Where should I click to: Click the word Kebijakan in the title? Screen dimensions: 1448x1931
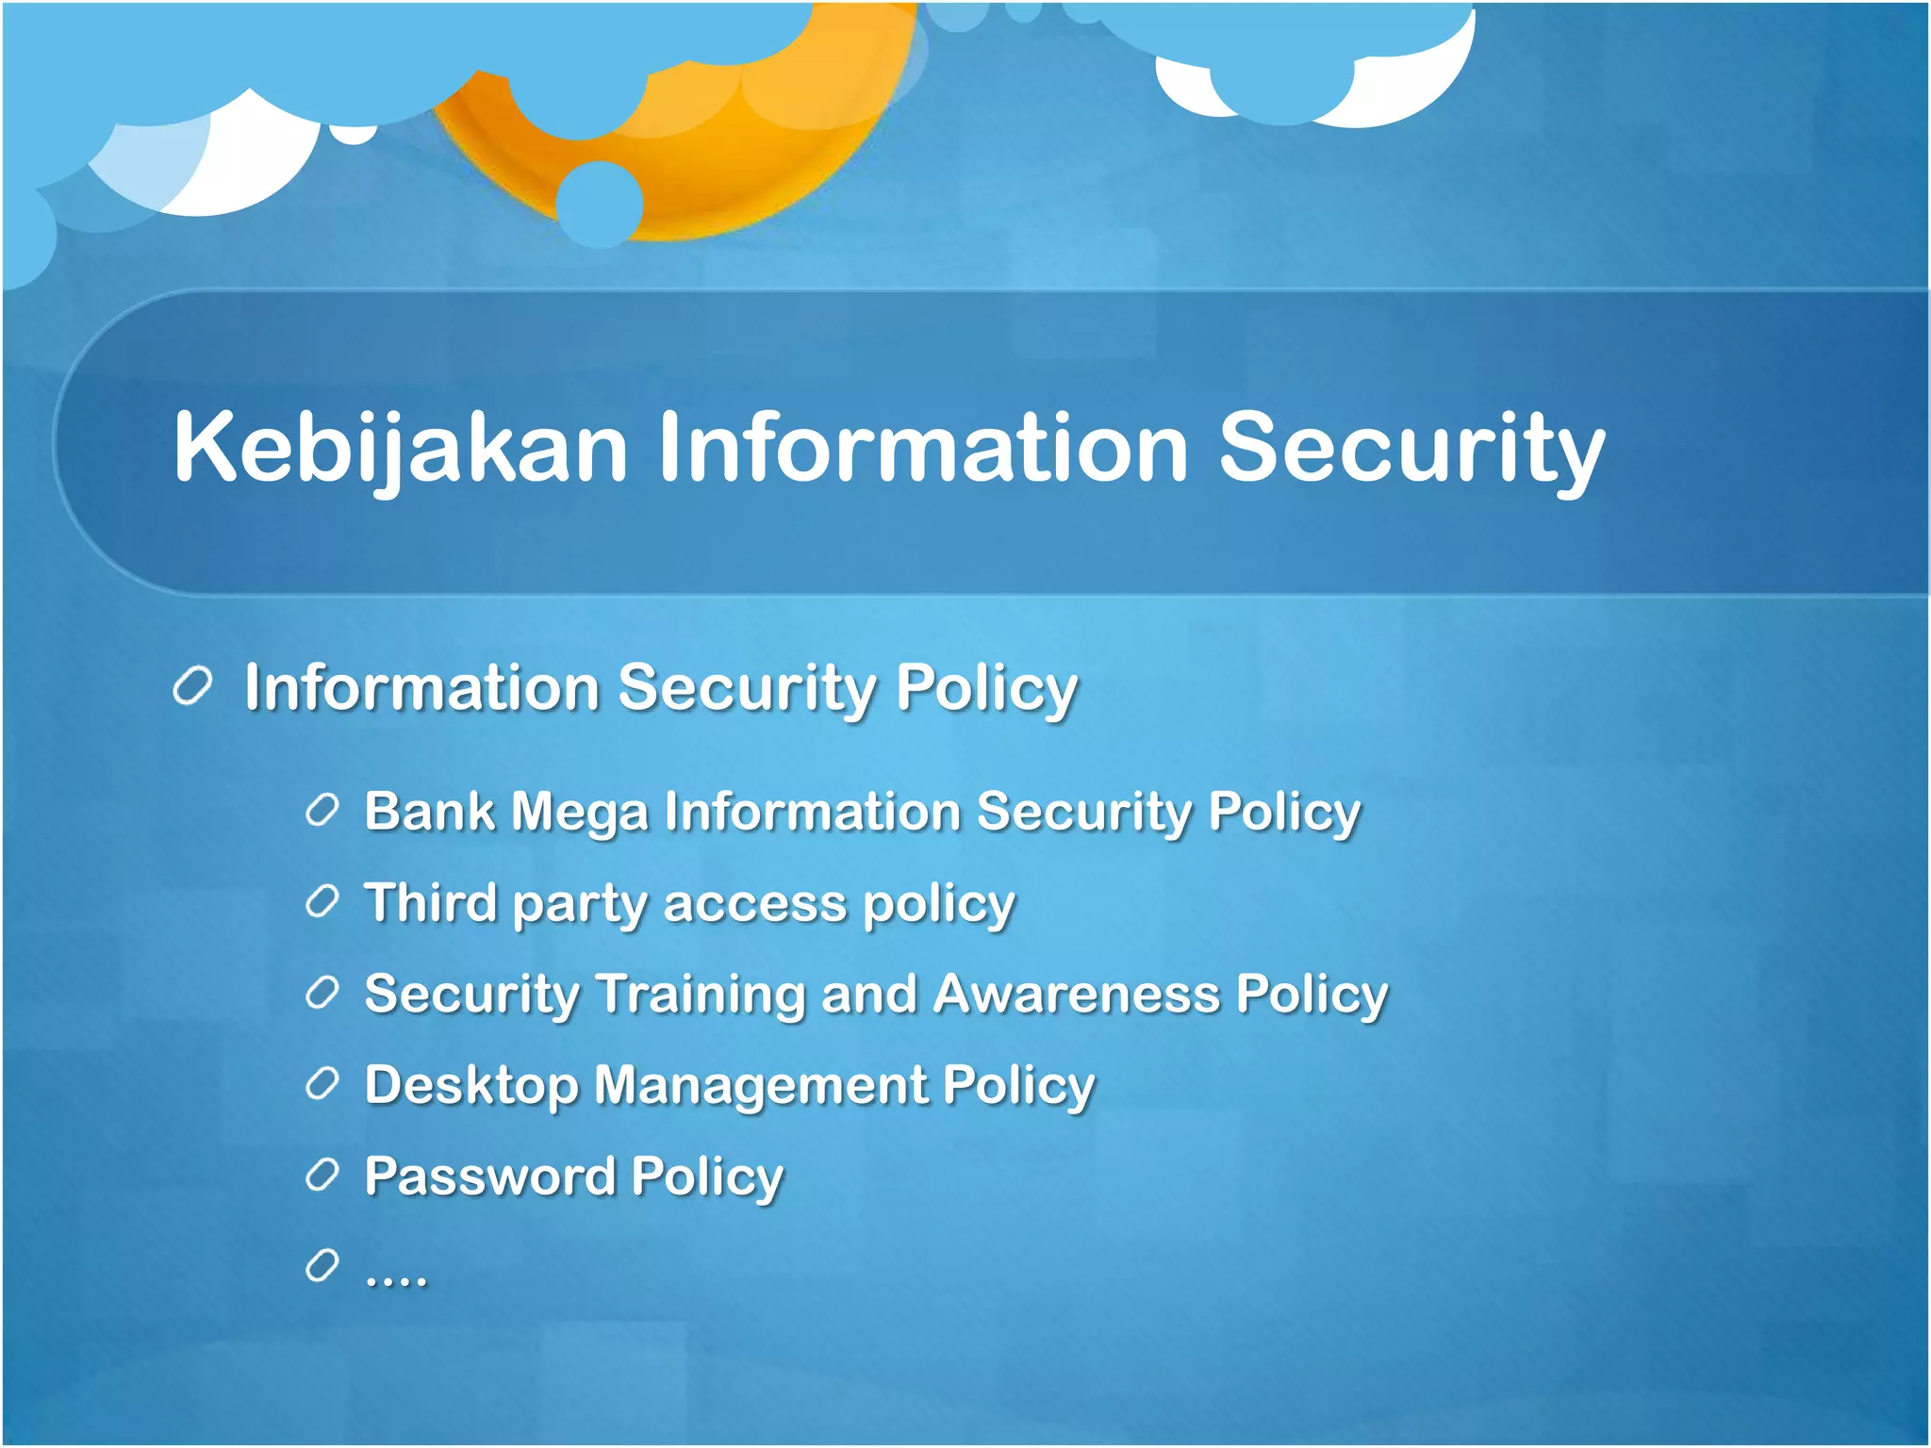click(x=400, y=448)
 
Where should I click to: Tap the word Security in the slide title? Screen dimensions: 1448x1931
click(x=1411, y=448)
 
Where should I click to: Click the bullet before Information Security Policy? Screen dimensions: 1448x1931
click(x=192, y=686)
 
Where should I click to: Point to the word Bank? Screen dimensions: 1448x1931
click(x=429, y=811)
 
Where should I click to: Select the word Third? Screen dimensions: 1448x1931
click(x=430, y=902)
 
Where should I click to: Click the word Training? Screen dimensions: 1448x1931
click(x=701, y=995)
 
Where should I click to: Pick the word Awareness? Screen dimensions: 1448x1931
click(x=1077, y=995)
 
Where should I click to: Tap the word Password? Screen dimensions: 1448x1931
click(x=490, y=1176)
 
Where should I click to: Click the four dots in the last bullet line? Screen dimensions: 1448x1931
click(x=396, y=1278)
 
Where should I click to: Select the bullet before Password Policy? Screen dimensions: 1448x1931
click(x=322, y=1175)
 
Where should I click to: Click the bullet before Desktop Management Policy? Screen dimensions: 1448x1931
click(x=322, y=1084)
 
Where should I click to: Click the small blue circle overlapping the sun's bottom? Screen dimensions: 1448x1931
click(x=600, y=204)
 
